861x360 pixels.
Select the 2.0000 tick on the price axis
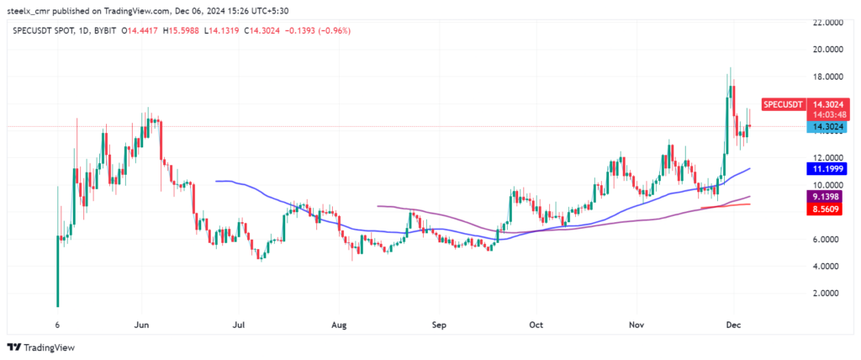828,294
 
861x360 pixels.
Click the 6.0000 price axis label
828,240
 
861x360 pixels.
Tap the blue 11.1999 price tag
826,169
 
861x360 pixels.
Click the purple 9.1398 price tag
826,196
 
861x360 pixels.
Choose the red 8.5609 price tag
826,209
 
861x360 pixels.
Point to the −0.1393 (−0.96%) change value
322,30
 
